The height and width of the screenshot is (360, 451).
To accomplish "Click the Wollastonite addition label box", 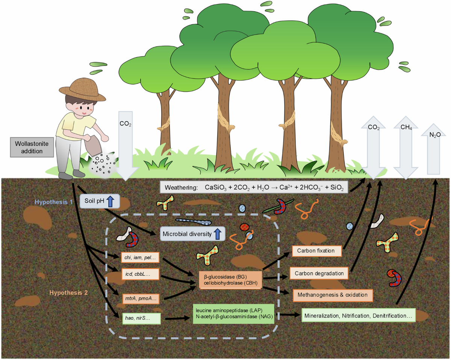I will click(x=29, y=147).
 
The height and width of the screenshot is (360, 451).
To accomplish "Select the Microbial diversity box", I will click(x=192, y=234).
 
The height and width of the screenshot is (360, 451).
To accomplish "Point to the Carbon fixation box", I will click(x=318, y=251).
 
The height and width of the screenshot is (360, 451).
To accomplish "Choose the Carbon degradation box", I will click(x=319, y=273).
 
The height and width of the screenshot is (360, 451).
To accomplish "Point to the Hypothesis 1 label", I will click(x=54, y=202).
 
